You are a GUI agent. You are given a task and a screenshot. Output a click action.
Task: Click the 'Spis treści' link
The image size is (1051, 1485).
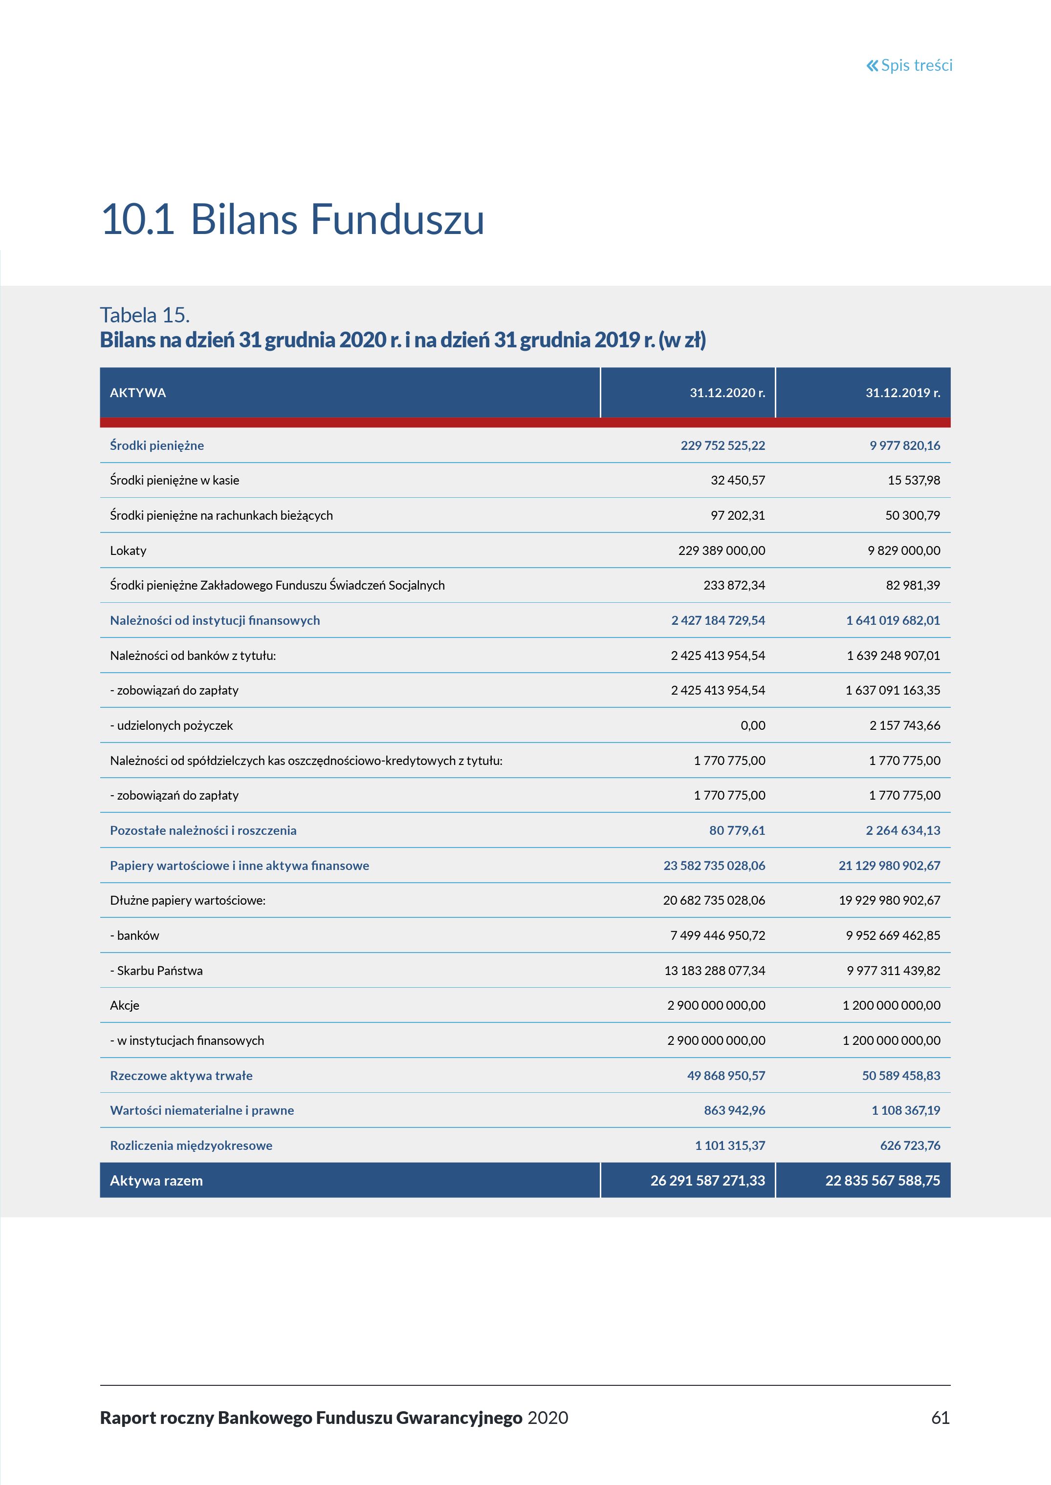point(917,65)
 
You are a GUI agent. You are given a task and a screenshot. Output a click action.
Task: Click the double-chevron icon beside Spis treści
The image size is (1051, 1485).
point(873,65)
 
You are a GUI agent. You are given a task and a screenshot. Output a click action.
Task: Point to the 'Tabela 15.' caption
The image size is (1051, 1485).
point(144,315)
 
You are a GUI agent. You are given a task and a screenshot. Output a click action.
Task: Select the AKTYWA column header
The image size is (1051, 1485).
point(138,393)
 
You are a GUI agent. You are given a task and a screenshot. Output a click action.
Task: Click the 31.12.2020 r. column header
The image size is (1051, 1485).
point(727,393)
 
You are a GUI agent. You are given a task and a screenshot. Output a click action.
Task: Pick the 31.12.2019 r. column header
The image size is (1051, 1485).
point(903,393)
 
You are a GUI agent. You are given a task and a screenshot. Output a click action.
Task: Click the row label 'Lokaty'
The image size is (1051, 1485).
point(128,551)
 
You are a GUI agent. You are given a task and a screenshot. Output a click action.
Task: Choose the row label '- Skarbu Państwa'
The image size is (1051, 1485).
point(156,970)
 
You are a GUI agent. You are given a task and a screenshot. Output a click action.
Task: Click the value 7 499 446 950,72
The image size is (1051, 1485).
point(718,935)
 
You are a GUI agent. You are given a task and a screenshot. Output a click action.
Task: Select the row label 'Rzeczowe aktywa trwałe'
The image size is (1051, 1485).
point(181,1076)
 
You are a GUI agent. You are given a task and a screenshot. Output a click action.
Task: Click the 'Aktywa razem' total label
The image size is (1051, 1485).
point(156,1180)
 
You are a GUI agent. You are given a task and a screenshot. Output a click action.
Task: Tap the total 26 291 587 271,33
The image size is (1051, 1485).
point(707,1180)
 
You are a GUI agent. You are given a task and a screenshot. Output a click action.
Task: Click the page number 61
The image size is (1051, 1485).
point(940,1418)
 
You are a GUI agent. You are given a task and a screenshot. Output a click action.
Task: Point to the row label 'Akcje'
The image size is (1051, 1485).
point(124,1005)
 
